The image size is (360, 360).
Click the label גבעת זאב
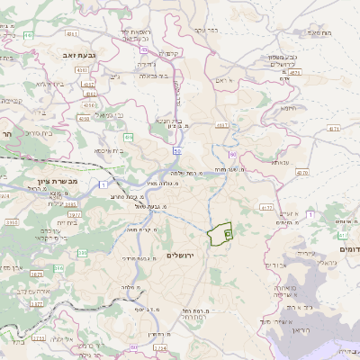point(79,55)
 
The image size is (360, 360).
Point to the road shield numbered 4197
point(223,125)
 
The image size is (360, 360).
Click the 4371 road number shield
point(334,130)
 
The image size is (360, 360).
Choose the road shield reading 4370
point(301,172)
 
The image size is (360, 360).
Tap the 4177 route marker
point(265,208)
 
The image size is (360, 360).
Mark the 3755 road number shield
point(38,337)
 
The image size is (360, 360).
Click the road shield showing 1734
point(160,346)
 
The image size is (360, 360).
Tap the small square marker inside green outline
point(228,234)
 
